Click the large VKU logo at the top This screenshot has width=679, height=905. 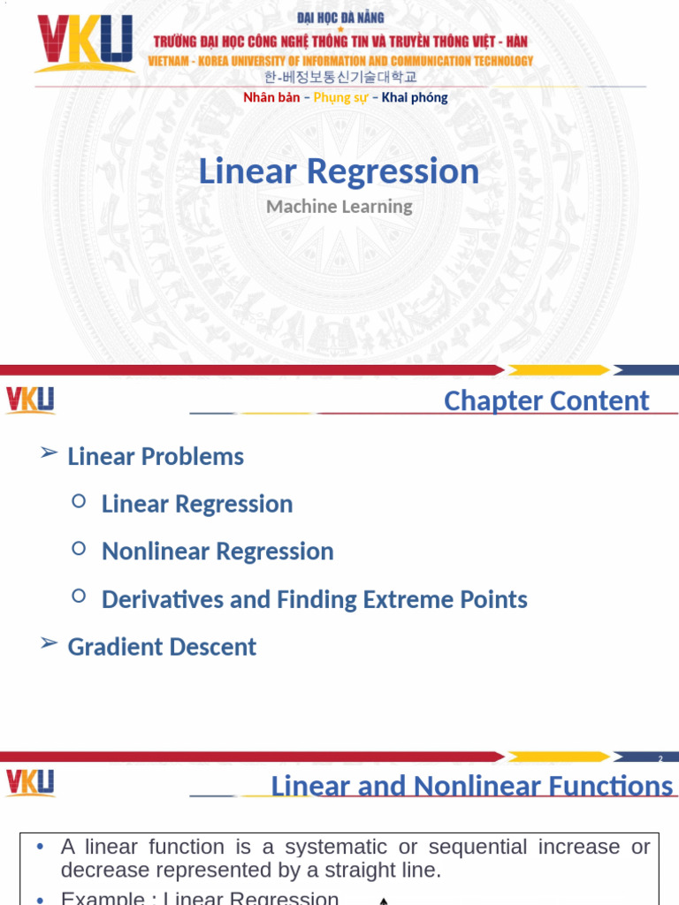pos(84,43)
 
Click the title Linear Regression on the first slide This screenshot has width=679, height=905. pos(339,171)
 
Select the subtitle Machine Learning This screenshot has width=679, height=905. pos(339,207)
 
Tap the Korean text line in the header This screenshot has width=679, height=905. pos(340,78)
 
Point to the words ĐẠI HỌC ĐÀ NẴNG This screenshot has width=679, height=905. pos(340,18)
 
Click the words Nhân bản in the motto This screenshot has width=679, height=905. pos(271,98)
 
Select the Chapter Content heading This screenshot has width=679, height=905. pos(545,400)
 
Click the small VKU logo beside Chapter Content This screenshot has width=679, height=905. pos(30,400)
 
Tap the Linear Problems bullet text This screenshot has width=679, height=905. pos(156,457)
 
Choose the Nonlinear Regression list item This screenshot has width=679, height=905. pos(217,551)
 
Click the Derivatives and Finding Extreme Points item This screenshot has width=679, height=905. pos(314,599)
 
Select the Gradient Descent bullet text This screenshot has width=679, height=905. pos(162,647)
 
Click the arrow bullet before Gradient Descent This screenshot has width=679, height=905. pos(49,643)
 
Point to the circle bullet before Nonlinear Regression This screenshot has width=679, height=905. pos(79,549)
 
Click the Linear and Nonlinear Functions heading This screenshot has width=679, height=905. pos(471,786)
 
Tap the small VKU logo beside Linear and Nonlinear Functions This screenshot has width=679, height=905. pos(30,783)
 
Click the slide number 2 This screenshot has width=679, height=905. pos(660,759)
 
